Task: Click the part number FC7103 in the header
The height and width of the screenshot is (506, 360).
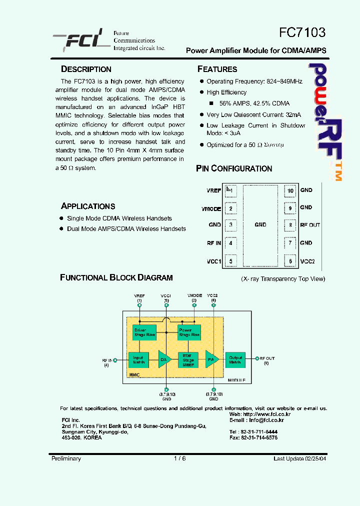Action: (302, 32)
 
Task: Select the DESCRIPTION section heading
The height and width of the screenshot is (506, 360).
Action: (86, 69)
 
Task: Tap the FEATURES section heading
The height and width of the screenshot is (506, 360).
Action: (217, 69)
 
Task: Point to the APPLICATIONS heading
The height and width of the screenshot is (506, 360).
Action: (88, 206)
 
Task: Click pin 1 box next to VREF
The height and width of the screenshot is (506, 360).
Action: (230, 190)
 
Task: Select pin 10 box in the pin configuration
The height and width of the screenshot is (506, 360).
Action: (290, 190)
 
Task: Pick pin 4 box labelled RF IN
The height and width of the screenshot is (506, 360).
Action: (230, 243)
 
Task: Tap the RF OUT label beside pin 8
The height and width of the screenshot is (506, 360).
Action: (310, 225)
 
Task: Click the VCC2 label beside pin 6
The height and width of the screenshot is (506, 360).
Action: (307, 261)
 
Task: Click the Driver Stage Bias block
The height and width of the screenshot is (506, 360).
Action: (143, 332)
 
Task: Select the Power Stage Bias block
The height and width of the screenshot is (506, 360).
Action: (188, 332)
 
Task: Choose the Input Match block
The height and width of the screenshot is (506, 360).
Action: (138, 359)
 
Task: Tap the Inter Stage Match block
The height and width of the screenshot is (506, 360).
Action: (188, 359)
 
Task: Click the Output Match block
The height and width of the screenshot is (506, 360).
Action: (235, 359)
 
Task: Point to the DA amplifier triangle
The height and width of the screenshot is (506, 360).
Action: (164, 359)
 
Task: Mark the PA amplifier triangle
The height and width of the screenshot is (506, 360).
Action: (211, 359)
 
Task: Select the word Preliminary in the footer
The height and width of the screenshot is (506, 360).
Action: (66, 458)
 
